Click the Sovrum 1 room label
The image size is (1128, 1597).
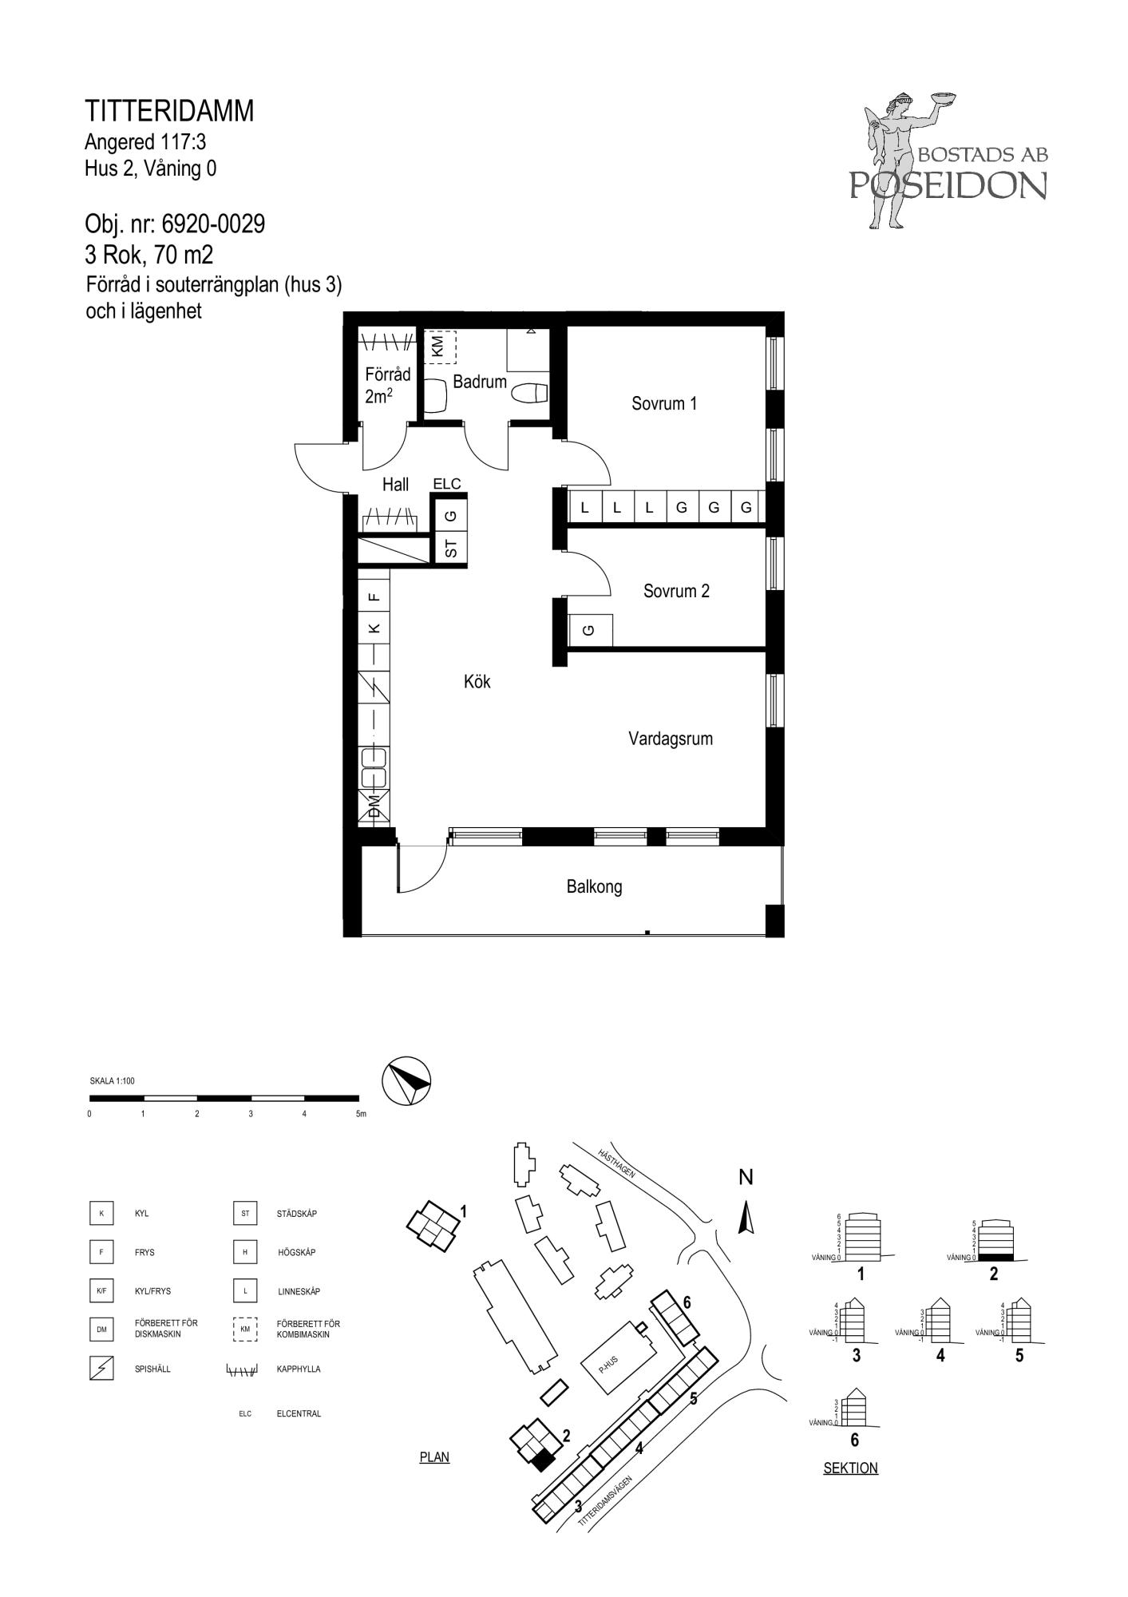click(x=664, y=404)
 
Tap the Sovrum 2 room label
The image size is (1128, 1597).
click(x=676, y=592)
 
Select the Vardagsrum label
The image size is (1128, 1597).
click(x=671, y=739)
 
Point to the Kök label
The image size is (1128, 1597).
click(x=477, y=682)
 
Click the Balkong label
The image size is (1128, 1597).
click(x=594, y=886)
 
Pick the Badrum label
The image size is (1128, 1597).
click(x=480, y=382)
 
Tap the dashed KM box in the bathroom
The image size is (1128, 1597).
click(x=438, y=347)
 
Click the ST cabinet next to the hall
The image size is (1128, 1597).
click(x=450, y=548)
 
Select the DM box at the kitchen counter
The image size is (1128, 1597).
click(x=374, y=806)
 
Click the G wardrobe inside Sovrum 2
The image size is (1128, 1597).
click(x=590, y=630)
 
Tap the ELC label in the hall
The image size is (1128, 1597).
click(x=447, y=484)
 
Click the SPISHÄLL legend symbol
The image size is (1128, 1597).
click(x=101, y=1369)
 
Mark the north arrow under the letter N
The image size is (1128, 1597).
click(x=746, y=1219)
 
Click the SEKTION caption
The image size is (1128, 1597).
click(x=850, y=1468)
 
